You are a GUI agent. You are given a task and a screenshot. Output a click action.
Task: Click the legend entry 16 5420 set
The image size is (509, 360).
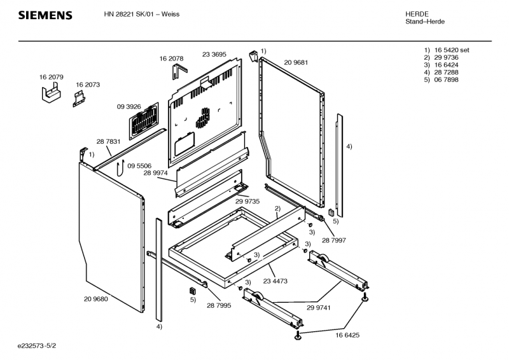point(451,50)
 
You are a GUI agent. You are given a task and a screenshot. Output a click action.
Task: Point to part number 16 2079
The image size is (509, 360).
point(51,77)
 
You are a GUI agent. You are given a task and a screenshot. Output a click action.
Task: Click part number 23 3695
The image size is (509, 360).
point(214,55)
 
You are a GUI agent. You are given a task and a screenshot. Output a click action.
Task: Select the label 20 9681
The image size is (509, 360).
point(296,62)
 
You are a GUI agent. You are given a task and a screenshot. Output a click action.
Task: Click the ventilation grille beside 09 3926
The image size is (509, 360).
point(145,120)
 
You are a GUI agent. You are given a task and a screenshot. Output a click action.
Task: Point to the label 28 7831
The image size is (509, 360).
point(108,141)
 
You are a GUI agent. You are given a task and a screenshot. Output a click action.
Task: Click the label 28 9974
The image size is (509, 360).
point(155,172)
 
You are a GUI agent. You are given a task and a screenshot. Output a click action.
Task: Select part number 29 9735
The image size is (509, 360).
point(248,200)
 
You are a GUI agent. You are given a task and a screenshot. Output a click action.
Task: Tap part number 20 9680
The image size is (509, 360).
point(95,298)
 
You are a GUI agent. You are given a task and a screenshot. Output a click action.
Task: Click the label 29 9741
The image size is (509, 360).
point(318,307)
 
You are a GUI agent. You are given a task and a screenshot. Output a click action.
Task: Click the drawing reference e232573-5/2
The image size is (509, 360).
point(41,347)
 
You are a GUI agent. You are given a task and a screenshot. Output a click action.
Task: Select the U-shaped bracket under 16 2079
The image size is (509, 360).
point(51,95)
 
